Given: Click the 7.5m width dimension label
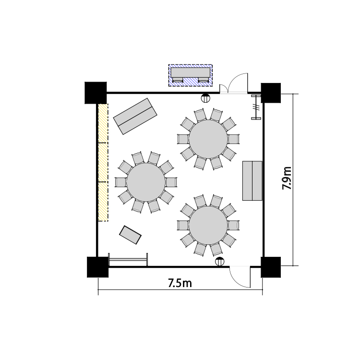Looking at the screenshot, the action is click(x=180, y=283).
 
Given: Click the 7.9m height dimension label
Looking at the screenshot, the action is click(x=287, y=178).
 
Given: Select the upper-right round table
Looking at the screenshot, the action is click(x=208, y=139).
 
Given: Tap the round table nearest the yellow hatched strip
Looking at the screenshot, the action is click(x=146, y=182).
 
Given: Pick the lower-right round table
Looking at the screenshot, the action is click(x=208, y=225).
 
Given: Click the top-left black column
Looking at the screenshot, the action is click(x=96, y=93).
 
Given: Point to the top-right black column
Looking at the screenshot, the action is click(x=271, y=93).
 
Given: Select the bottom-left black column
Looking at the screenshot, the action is click(x=97, y=267).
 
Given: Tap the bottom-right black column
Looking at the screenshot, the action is click(x=271, y=267).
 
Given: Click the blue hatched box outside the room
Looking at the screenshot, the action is click(x=191, y=75).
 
